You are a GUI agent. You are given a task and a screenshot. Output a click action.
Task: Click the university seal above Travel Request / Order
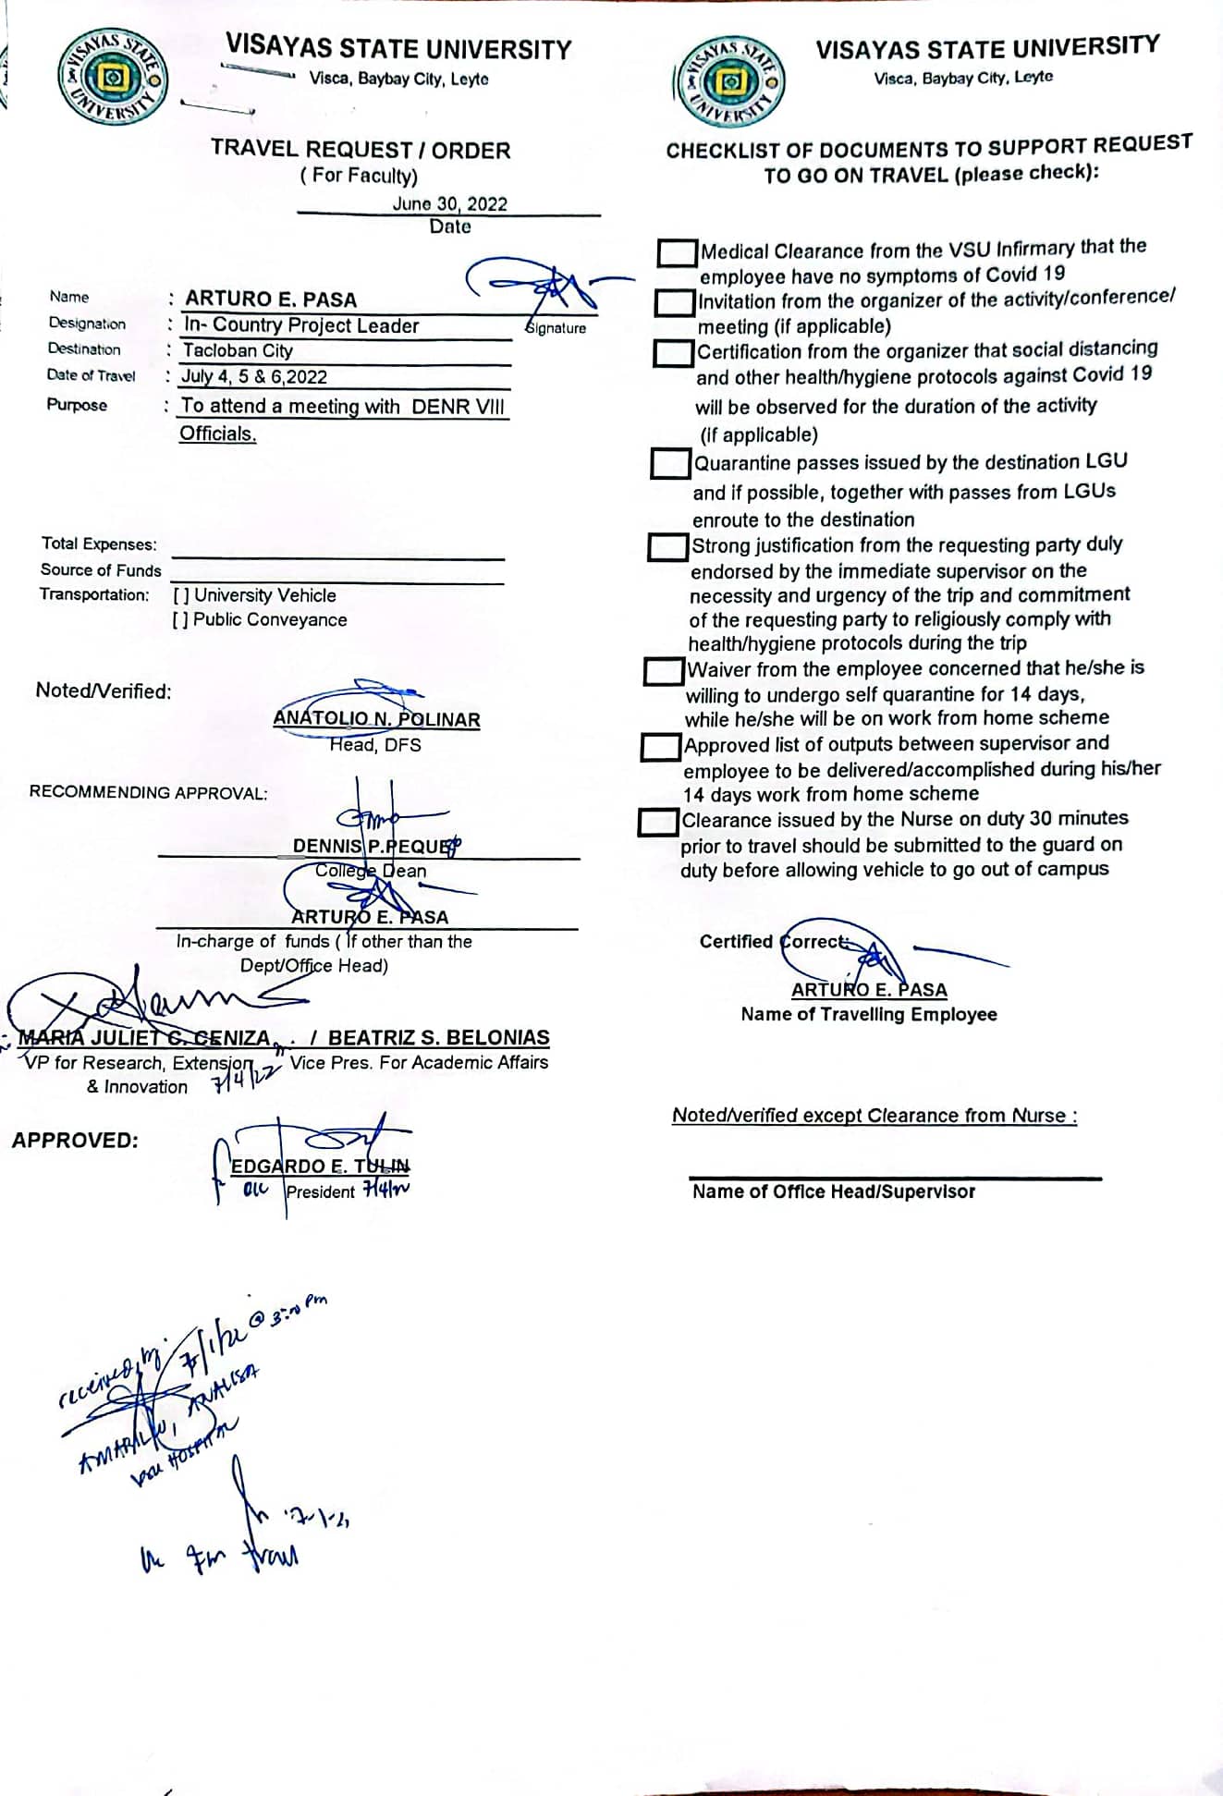coord(113,78)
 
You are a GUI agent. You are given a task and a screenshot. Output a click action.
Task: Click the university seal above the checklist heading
coord(731,81)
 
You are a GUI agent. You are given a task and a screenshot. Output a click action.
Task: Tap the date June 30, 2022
coord(449,203)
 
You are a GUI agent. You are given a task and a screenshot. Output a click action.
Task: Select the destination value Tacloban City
coord(238,350)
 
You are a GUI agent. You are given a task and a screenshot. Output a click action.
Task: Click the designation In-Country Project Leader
coord(301,325)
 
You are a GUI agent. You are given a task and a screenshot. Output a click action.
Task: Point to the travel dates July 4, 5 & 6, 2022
coord(254,376)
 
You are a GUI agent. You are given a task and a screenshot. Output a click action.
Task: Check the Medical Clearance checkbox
coord(678,252)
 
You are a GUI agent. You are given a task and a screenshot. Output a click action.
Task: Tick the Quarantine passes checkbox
coord(670,463)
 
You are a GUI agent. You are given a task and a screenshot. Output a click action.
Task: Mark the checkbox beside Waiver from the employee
coord(663,670)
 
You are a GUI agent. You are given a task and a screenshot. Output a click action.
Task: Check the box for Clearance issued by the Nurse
coord(657,822)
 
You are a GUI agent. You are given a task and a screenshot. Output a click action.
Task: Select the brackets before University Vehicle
coord(181,596)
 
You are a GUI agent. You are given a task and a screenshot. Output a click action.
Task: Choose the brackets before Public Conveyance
coord(180,620)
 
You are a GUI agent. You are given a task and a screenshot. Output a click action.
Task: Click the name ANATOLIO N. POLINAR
coord(376,719)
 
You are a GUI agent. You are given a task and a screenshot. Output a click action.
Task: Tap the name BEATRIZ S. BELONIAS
coord(438,1037)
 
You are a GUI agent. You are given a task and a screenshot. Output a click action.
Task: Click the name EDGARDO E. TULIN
coord(319,1166)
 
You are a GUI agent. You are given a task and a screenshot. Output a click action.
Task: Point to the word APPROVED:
coord(75,1140)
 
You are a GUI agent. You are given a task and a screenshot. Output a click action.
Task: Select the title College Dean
coord(370,871)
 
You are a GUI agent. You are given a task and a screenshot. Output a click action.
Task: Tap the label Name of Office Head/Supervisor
coord(833,1191)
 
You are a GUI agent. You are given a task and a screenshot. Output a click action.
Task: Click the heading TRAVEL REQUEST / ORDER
coord(360,150)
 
